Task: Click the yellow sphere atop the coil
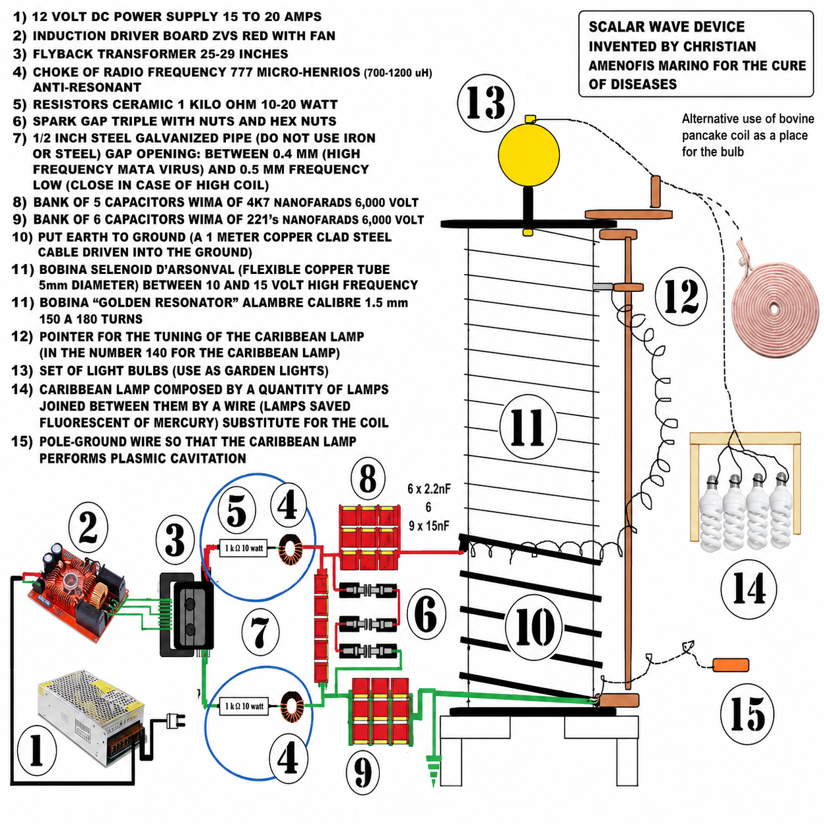[529, 154]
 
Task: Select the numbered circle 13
[486, 103]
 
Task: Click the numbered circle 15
[747, 713]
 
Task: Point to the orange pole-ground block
[731, 665]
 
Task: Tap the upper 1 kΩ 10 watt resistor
[243, 548]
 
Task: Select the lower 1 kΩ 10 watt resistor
[244, 706]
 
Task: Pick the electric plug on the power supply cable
[176, 720]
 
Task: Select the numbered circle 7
[260, 632]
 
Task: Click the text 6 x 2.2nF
[429, 489]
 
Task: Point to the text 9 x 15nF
[429, 526]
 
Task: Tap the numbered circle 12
[681, 296]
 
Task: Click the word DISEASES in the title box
[633, 84]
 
